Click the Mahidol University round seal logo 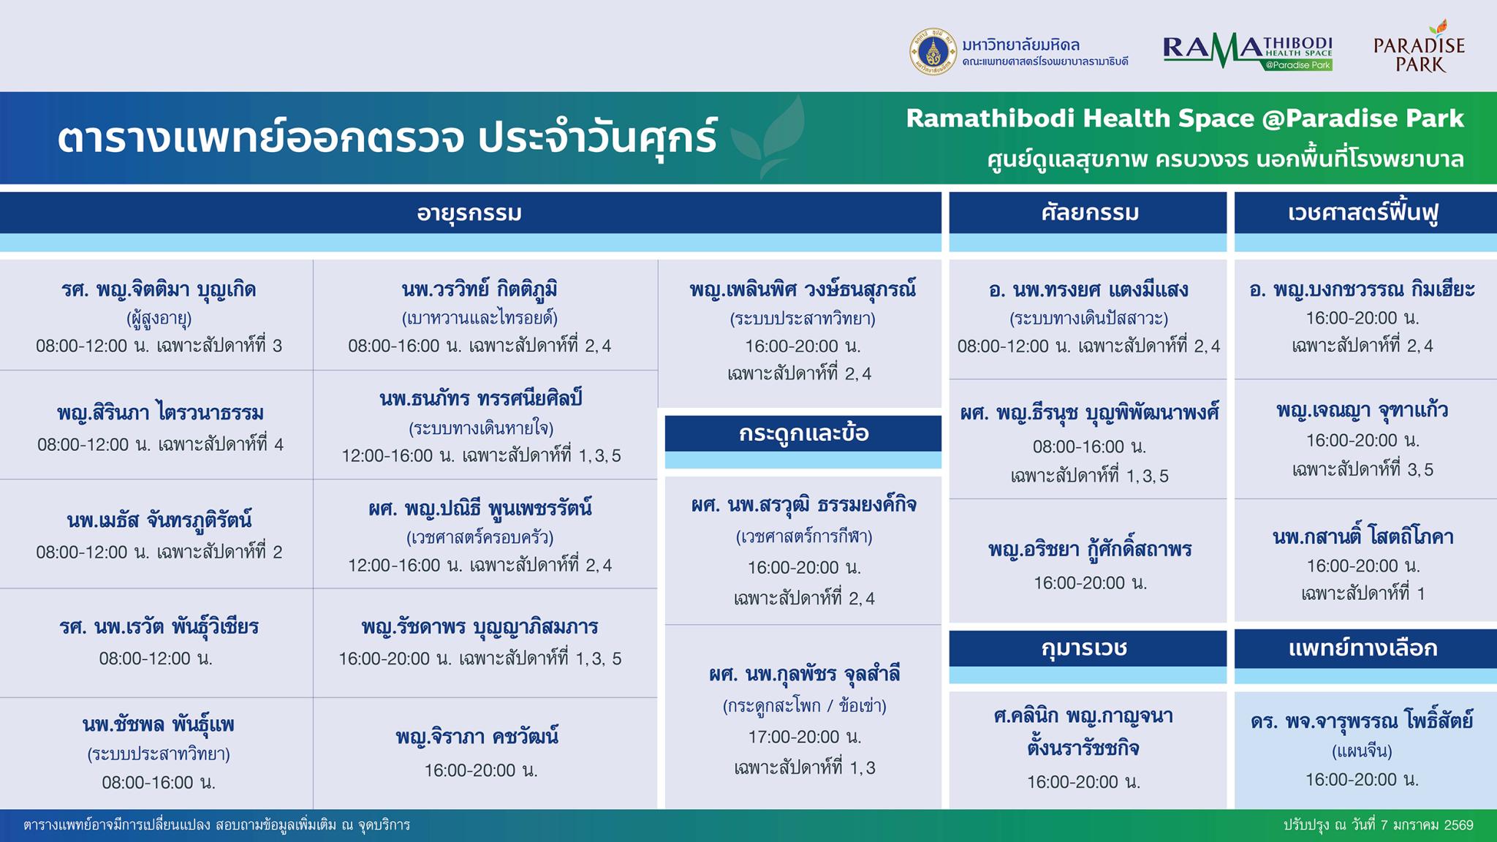[x=933, y=52]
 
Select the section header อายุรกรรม [x=469, y=213]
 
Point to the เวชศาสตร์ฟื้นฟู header [x=1364, y=213]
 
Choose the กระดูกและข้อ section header [x=803, y=433]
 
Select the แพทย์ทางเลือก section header [x=1364, y=648]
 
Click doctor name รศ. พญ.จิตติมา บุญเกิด [x=159, y=289]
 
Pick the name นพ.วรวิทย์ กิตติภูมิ [x=480, y=289]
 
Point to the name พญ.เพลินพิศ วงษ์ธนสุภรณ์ [x=803, y=289]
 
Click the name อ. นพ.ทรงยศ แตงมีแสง [x=1088, y=289]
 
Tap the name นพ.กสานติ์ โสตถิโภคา [x=1363, y=537]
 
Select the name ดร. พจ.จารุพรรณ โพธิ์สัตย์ [x=1362, y=721]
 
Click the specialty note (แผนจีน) [x=1362, y=751]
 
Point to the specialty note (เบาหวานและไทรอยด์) [x=480, y=318]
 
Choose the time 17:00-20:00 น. [x=804, y=737]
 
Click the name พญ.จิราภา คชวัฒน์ [x=477, y=736]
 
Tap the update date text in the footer [x=1379, y=825]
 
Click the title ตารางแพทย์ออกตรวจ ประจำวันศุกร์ [x=387, y=137]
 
